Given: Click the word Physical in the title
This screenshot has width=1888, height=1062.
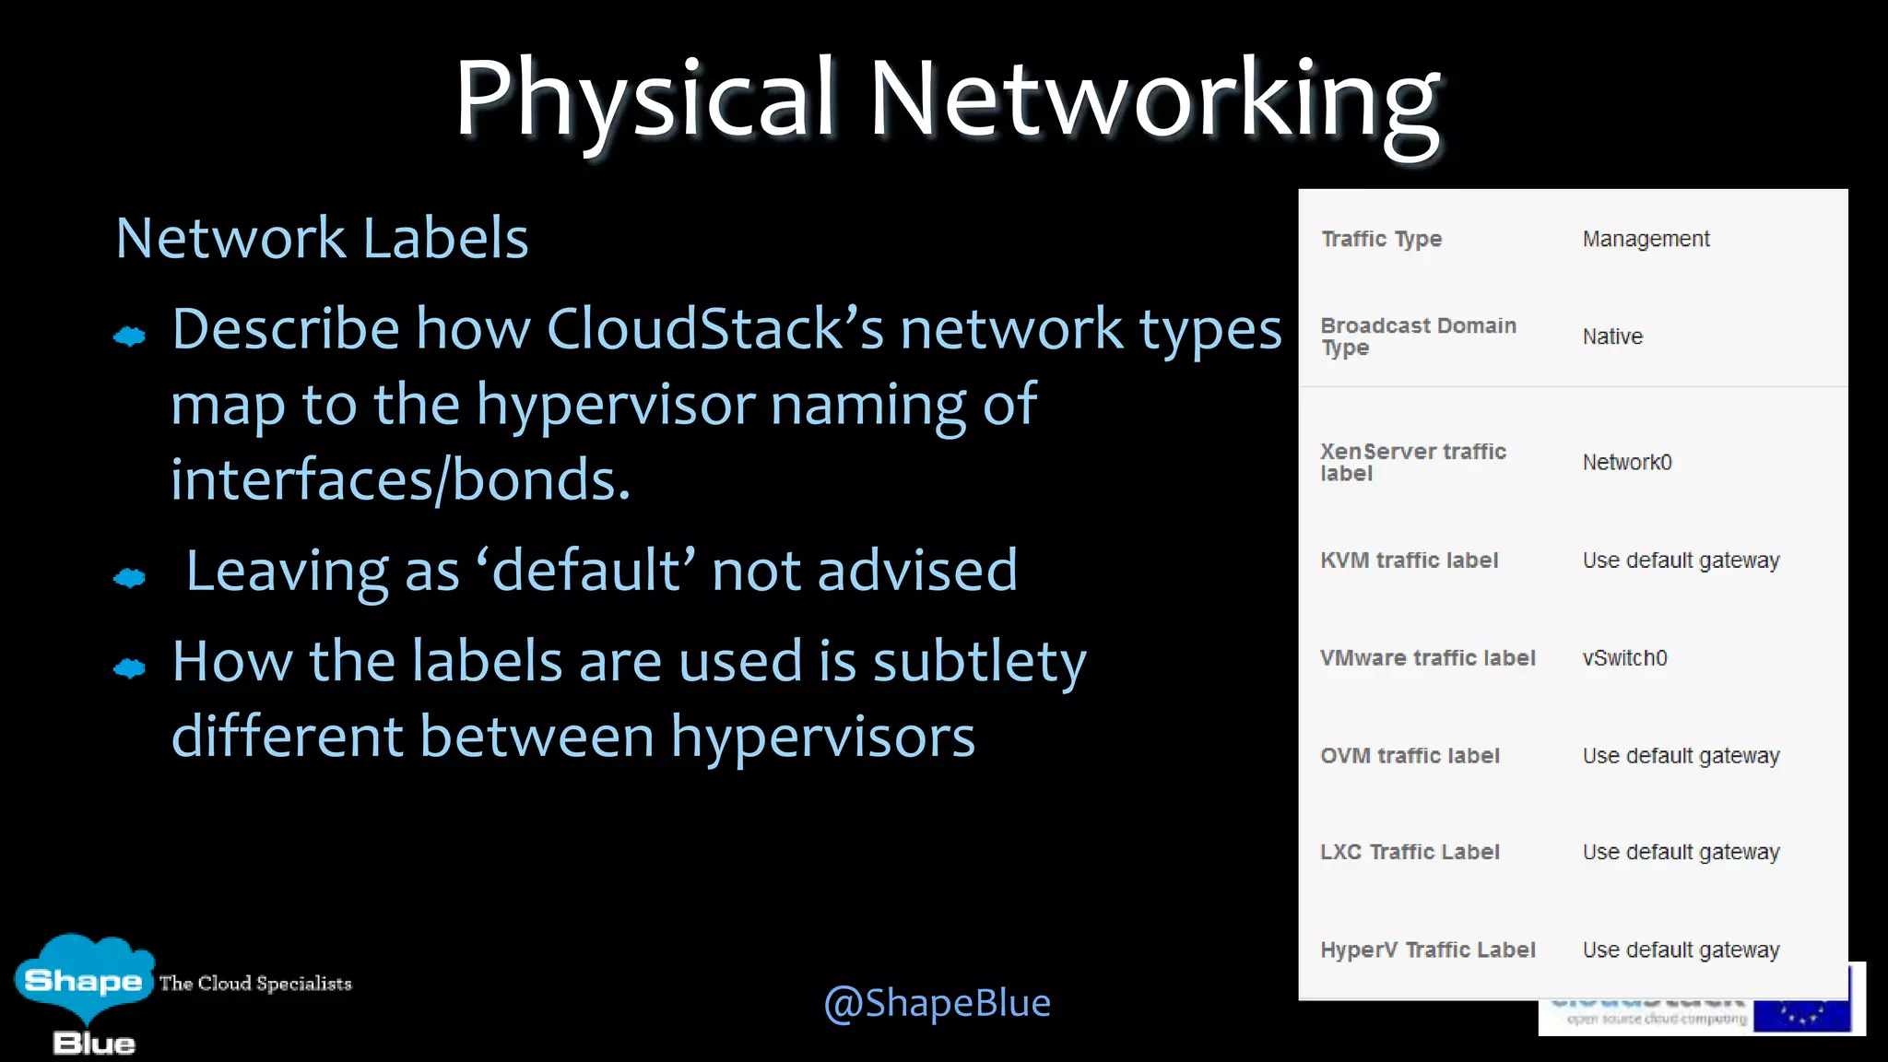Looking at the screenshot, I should pos(645,100).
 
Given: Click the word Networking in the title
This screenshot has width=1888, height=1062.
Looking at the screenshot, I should pos(1154,100).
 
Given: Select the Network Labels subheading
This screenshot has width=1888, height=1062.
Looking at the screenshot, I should pos(322,238).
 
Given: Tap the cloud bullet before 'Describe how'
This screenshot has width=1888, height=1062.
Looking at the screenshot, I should pos(130,336).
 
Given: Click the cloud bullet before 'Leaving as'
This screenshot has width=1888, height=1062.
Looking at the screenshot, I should pos(130,578).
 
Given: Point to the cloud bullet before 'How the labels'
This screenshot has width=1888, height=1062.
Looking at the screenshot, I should pos(130,668).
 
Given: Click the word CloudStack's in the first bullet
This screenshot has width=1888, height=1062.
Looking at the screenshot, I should pos(714,329).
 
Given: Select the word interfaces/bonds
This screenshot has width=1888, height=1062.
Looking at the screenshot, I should pos(401,479).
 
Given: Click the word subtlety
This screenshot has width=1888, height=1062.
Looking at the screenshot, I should pos(979,662).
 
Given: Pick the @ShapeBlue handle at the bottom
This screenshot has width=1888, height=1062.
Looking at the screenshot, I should pos(937,1003).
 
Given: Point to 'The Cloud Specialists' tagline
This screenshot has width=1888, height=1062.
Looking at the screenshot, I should pos(255,984).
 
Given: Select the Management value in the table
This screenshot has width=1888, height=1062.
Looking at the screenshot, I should pos(1646,240).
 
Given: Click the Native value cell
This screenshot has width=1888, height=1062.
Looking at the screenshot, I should pos(1612,336).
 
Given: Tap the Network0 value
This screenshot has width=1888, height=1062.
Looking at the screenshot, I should pos(1627,463).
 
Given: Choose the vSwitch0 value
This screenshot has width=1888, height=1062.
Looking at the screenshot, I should pos(1624,658).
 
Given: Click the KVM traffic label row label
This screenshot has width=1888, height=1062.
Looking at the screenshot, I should pos(1409,560).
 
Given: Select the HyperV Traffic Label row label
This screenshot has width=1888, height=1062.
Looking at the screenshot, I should pos(1427,950).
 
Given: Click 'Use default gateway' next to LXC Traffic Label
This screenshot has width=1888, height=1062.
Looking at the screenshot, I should pos(1681,853).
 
